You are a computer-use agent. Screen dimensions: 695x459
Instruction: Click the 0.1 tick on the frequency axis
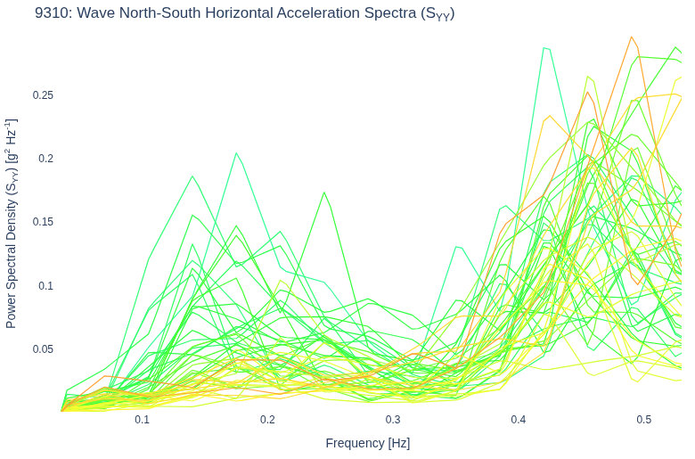142,420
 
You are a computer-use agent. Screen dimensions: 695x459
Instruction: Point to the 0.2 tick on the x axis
267,420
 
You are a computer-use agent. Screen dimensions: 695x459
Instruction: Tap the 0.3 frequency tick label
393,420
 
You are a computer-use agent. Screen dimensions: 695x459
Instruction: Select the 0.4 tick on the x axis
519,420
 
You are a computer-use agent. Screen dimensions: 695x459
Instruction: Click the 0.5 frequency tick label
643,420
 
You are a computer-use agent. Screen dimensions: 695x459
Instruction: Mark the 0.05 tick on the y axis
43,349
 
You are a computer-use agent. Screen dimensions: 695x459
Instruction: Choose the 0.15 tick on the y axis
43,222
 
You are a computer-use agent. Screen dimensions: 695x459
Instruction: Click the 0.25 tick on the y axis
43,94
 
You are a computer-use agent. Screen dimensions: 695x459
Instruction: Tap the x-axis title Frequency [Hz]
367,443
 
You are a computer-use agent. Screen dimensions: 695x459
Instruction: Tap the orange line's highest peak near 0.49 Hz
631,37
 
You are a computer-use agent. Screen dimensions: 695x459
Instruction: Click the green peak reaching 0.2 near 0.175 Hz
236,153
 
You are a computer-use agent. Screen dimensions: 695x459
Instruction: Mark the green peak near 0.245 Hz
324,193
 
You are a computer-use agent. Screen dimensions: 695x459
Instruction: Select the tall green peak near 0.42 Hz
544,48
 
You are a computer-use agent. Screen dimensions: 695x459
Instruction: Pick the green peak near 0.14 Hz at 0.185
192,176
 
